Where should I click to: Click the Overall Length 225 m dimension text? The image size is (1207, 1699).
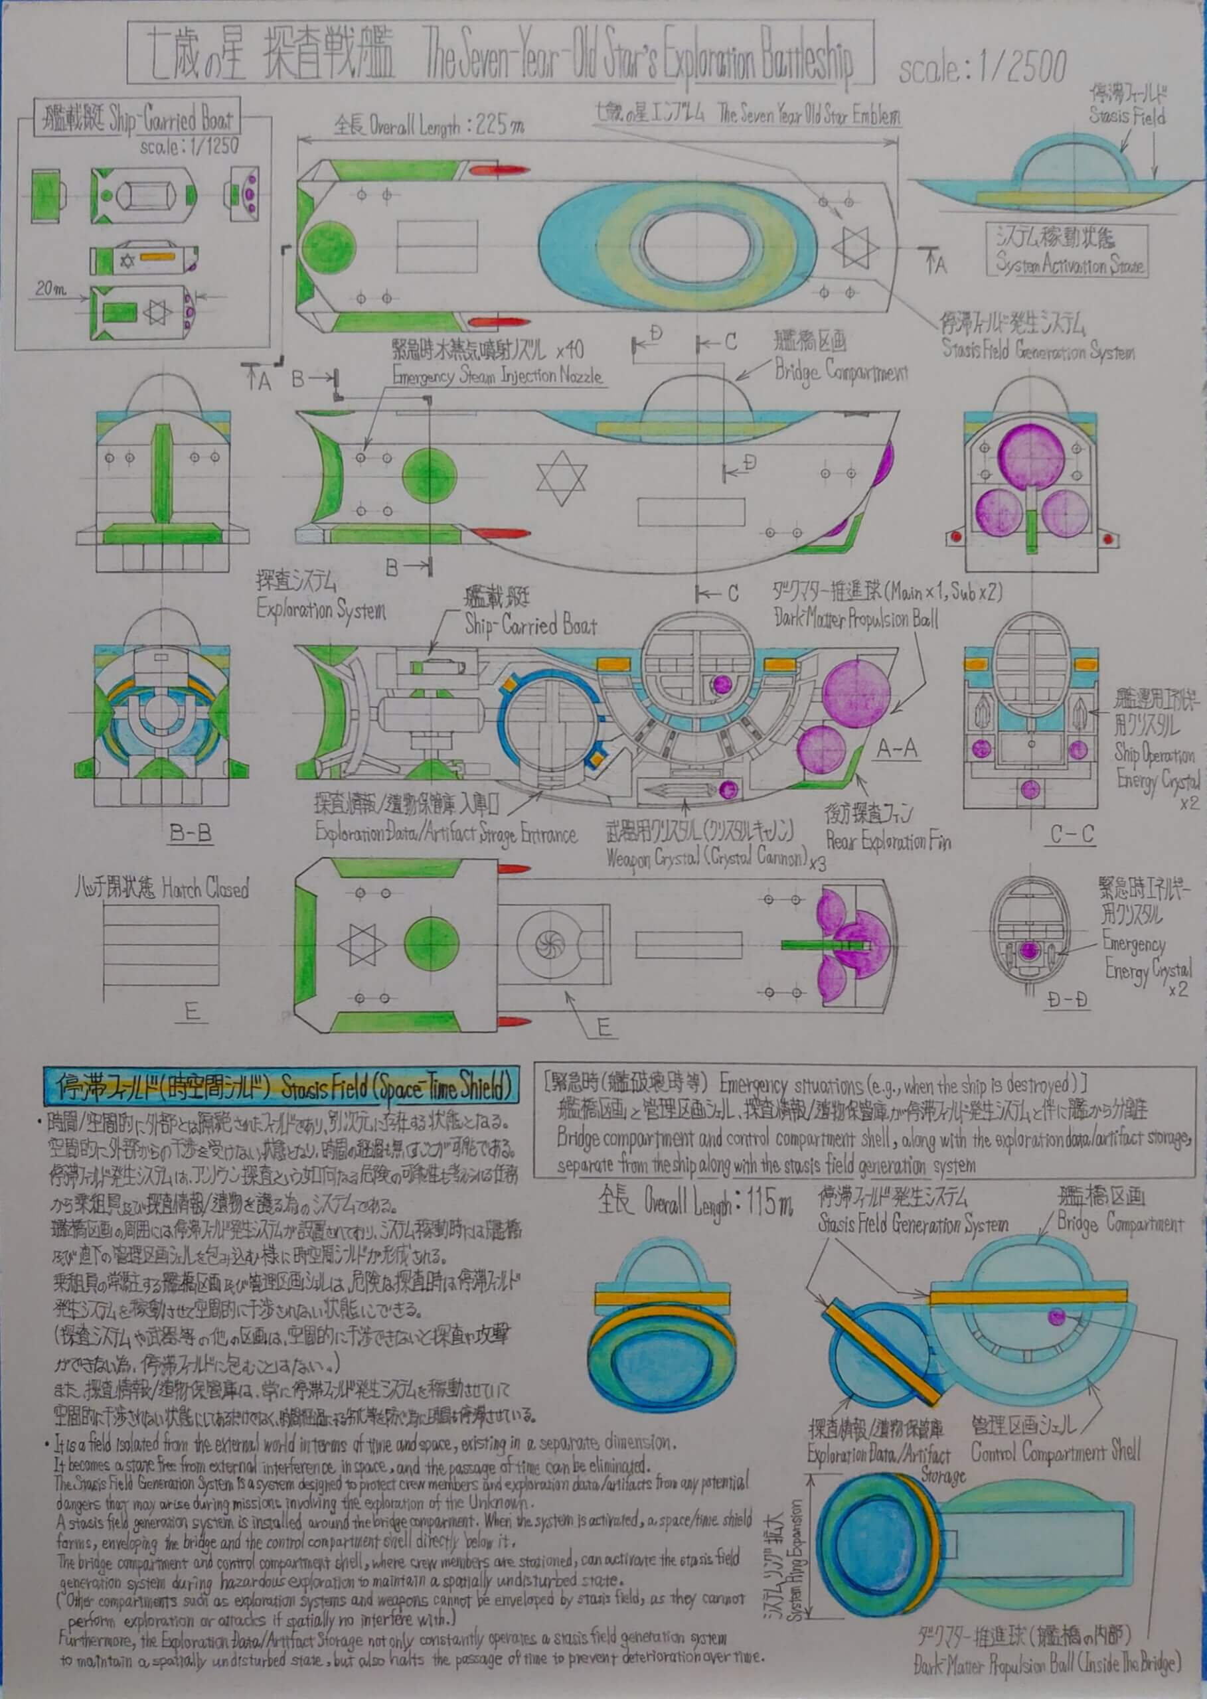click(x=429, y=125)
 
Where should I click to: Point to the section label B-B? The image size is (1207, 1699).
click(x=191, y=833)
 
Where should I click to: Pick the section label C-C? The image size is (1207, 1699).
click(x=1072, y=834)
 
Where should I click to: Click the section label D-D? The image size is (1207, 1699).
click(x=1068, y=1000)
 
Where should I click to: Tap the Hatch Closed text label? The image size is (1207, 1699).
click(x=161, y=889)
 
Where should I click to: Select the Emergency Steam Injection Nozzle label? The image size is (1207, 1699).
click(x=497, y=376)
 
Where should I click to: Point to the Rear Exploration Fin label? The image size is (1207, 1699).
click(x=888, y=842)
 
